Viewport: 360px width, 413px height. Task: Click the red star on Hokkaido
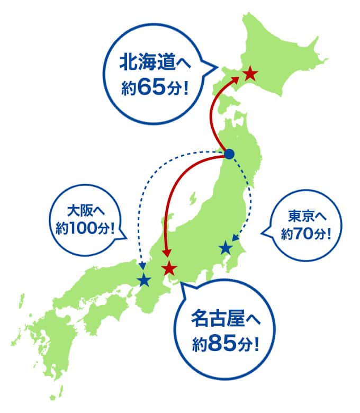250,74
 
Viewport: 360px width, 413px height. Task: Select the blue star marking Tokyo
226,247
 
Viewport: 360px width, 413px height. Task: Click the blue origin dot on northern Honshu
229,154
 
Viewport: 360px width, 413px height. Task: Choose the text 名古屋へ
226,323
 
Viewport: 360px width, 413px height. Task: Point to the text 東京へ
308,216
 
